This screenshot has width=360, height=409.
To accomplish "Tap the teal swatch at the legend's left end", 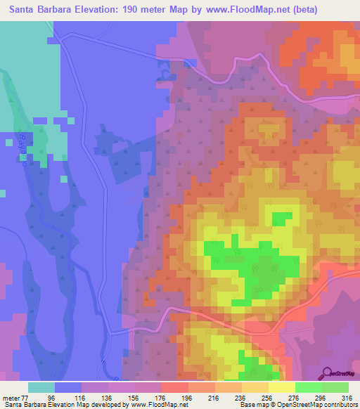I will click(x=41, y=387).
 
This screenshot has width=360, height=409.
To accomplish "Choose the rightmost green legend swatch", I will click(x=335, y=387).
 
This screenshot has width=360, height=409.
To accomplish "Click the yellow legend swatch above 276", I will click(x=281, y=387).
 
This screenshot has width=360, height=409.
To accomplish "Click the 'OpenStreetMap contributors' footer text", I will click(x=321, y=405).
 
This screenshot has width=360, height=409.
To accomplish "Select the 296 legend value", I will click(x=316, y=397).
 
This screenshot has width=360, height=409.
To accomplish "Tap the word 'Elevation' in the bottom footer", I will click(x=67, y=405).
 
